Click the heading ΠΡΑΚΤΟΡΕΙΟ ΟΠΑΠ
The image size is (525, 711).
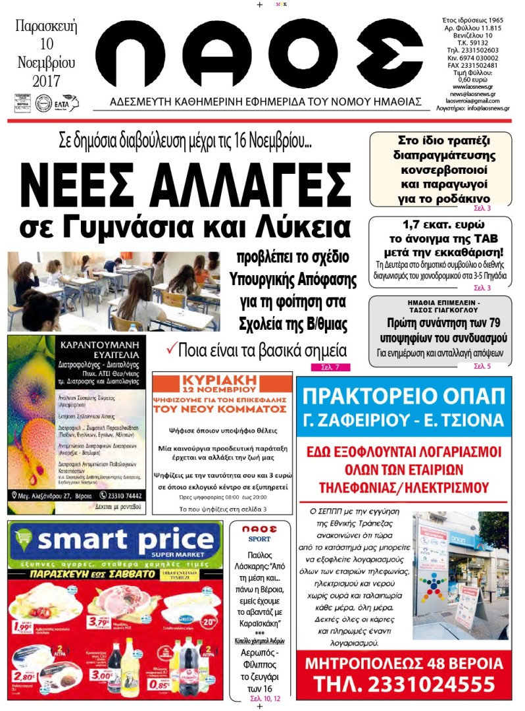click(x=404, y=398)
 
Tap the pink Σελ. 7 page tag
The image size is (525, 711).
click(x=331, y=367)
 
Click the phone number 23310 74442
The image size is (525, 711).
click(x=122, y=495)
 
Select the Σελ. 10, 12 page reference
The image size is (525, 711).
click(x=264, y=697)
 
